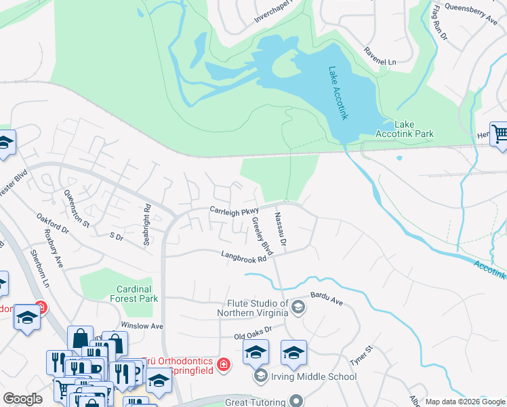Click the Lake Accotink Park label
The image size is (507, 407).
pyautogui.click(x=413, y=129)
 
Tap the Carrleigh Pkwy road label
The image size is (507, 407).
pyautogui.click(x=235, y=211)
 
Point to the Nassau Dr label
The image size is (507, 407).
pyautogui.click(x=281, y=229)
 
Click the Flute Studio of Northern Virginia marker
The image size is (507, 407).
pyautogui.click(x=297, y=309)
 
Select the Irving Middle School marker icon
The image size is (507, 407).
pyautogui.click(x=260, y=376)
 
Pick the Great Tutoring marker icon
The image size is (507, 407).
pyautogui.click(x=294, y=402)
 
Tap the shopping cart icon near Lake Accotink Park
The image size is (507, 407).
pyautogui.click(x=500, y=134)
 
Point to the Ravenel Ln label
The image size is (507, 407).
pyautogui.click(x=380, y=62)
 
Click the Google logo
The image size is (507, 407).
pyautogui.click(x=22, y=399)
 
